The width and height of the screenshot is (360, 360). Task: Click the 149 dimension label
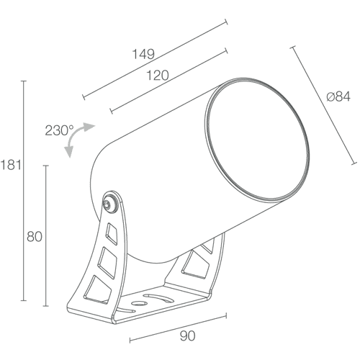[x=143, y=54]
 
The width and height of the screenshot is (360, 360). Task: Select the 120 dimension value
[x=158, y=76]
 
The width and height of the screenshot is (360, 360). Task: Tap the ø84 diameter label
[x=338, y=96]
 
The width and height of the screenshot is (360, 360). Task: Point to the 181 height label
[x=11, y=165]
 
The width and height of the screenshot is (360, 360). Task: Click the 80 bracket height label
[x=35, y=237]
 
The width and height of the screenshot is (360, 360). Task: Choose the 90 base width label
[x=187, y=336]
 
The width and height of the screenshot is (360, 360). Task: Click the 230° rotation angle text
[x=59, y=130]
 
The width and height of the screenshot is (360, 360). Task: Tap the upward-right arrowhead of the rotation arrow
[x=89, y=127]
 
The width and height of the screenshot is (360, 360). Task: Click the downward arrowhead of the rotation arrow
[x=69, y=152]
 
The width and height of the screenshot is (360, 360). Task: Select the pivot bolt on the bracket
[x=107, y=204]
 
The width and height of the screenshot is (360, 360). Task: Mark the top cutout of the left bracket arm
[x=111, y=233]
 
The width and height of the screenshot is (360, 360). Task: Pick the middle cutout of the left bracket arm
[x=107, y=262]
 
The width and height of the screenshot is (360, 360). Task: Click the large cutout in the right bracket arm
[x=196, y=264]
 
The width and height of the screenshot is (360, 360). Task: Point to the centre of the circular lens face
[x=257, y=140]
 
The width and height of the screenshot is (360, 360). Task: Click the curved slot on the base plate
[x=159, y=298]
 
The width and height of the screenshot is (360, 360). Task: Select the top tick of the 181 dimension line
[x=23, y=81]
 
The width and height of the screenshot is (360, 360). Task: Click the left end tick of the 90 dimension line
[x=130, y=341]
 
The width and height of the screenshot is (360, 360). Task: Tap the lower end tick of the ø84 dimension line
[x=354, y=163]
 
